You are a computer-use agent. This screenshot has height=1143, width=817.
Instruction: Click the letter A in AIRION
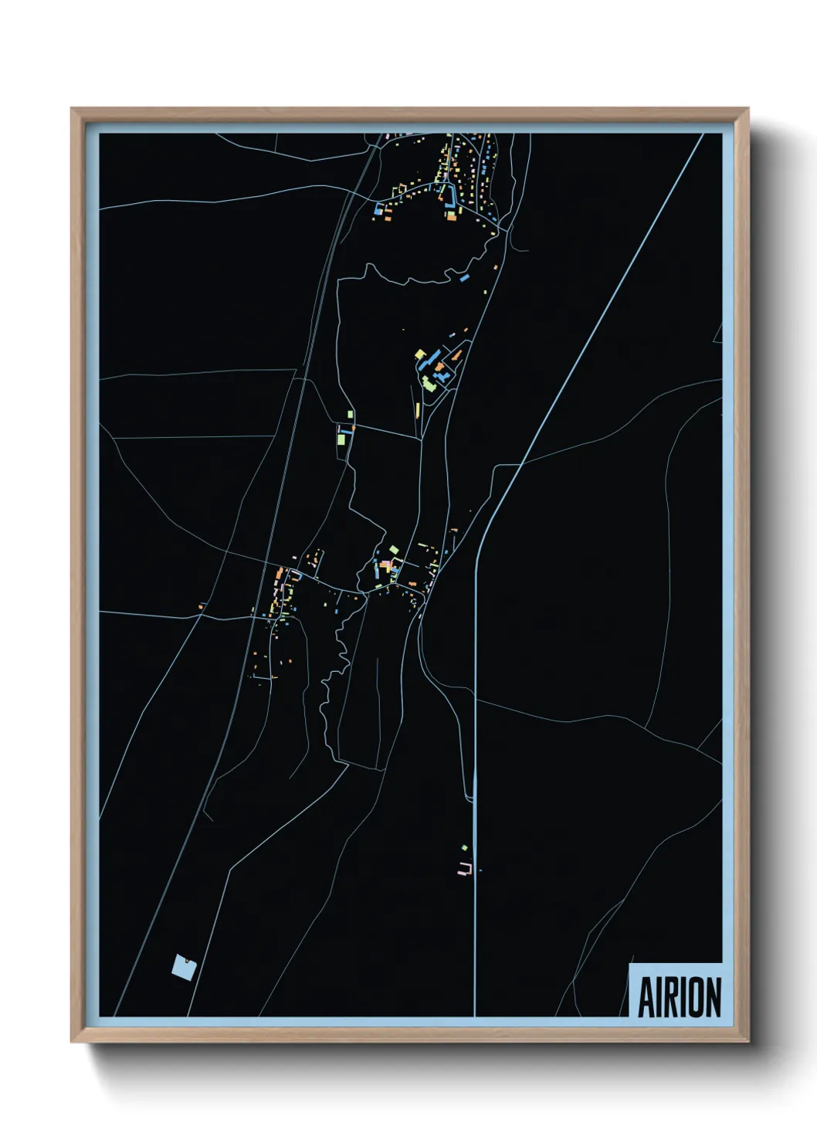(646, 998)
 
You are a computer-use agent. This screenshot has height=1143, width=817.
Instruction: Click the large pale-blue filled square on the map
(184, 966)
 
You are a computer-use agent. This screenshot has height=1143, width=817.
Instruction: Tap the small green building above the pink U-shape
(464, 848)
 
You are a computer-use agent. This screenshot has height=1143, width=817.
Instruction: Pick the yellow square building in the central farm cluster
(420, 354)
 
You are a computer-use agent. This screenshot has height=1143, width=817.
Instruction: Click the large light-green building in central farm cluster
(429, 383)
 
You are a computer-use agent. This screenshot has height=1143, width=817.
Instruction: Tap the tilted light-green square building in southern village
(394, 550)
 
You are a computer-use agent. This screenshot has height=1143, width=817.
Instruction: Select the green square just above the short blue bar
(350, 415)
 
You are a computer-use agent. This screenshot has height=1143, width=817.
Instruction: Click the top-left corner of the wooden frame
(72, 109)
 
